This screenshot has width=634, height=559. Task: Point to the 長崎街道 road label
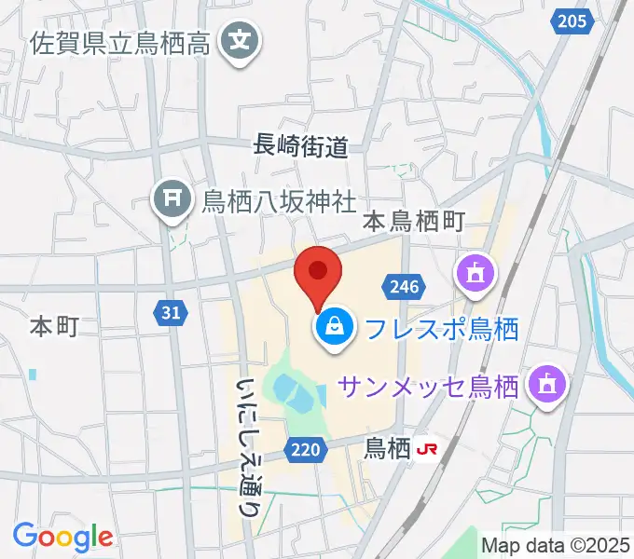(300, 144)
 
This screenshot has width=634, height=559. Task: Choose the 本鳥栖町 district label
(414, 222)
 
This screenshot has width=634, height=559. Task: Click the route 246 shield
(405, 287)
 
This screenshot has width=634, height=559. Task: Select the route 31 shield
(170, 314)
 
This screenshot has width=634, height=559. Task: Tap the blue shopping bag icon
(332, 327)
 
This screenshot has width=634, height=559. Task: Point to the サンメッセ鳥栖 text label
(428, 384)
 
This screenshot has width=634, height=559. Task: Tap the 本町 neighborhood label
(53, 325)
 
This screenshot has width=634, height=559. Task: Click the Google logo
(62, 537)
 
